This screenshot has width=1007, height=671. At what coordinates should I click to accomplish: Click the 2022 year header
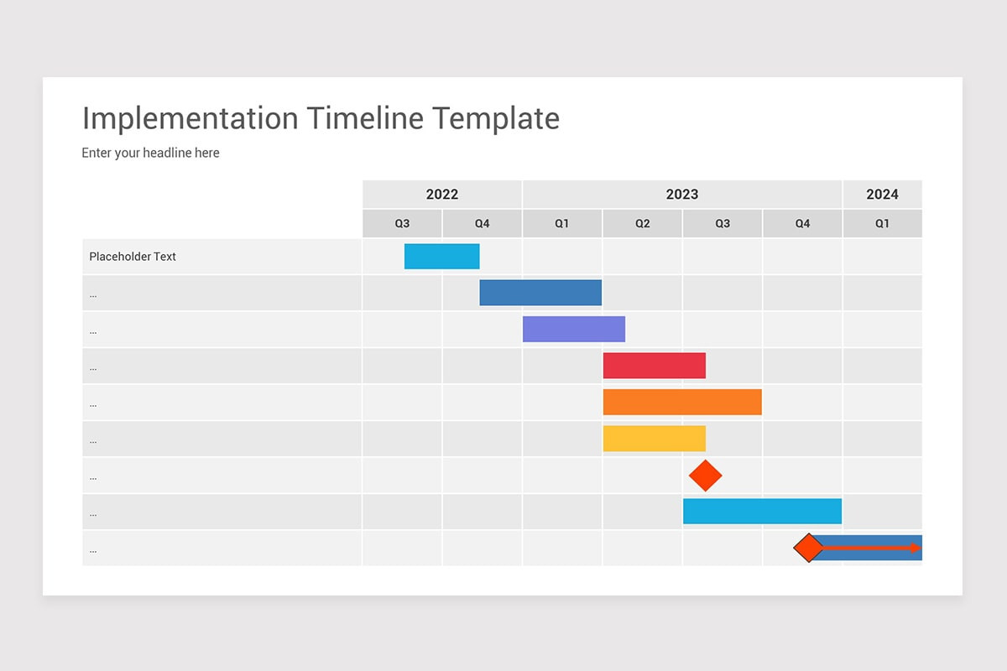tap(442, 195)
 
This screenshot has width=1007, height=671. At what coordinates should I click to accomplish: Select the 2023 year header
tap(681, 195)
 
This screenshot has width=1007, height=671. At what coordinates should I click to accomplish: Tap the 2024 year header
tap(882, 195)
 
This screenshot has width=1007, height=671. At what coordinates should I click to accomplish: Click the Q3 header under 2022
tap(403, 224)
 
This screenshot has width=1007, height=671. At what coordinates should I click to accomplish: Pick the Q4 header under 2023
tap(802, 224)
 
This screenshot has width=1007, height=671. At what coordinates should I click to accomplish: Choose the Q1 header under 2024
tap(882, 224)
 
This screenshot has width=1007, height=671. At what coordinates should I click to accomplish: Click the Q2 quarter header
tap(642, 224)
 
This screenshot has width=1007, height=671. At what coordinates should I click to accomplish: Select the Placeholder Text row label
tap(133, 257)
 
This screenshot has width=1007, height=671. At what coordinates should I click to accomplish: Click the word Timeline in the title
tap(365, 118)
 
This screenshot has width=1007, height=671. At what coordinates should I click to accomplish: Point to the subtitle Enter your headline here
tap(151, 153)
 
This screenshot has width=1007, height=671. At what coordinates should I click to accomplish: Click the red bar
tap(654, 366)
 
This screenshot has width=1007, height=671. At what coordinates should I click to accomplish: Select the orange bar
tap(681, 402)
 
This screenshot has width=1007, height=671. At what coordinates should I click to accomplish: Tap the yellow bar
tap(654, 439)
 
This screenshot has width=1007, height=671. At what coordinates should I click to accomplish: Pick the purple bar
tap(574, 329)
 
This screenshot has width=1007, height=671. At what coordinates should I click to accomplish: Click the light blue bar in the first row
tap(441, 257)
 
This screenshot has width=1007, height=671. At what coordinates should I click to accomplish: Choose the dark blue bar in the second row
tap(540, 293)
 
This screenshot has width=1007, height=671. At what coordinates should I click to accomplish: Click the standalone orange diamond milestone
tap(705, 476)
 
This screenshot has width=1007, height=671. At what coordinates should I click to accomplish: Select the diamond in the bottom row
tap(808, 548)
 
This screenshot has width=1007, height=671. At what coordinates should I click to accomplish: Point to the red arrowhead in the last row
tap(916, 548)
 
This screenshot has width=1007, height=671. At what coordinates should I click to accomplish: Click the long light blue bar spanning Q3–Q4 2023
tap(762, 511)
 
